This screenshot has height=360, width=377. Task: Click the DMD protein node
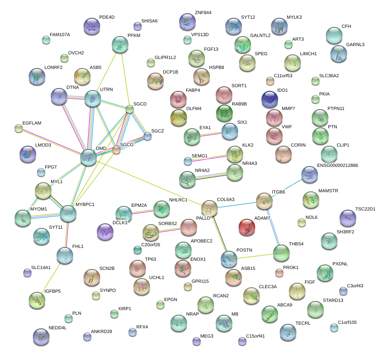click(x=89, y=157)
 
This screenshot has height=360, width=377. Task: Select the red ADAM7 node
click(x=247, y=228)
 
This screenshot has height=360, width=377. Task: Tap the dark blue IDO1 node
click(x=270, y=100)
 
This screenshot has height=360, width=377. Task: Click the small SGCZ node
click(x=148, y=136)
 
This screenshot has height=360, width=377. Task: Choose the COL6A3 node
click(x=209, y=208)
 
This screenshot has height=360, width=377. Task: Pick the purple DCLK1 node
click(x=105, y=232)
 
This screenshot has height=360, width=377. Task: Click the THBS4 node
click(x=282, y=253)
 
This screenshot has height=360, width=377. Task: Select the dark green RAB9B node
click(x=225, y=113)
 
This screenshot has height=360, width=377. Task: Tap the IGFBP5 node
click(x=37, y=300)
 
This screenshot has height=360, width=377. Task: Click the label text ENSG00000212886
click(x=338, y=165)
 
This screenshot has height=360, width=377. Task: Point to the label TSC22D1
click(x=365, y=209)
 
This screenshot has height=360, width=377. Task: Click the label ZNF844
click(x=203, y=13)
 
